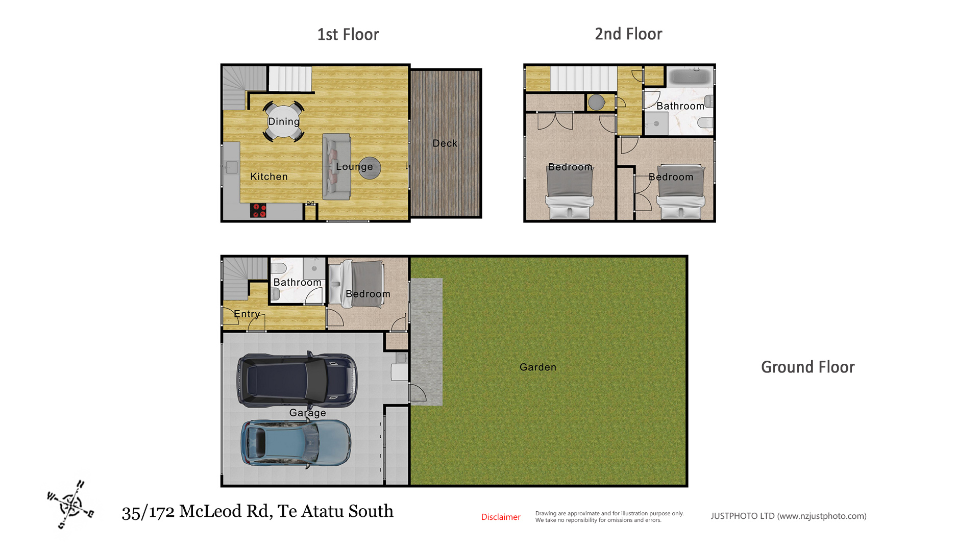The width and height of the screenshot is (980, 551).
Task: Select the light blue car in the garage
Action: coord(296,443)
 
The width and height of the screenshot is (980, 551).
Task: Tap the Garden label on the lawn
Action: coord(538,367)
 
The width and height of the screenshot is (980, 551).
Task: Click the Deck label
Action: coord(445,143)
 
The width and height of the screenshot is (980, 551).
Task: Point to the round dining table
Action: coord(284,121)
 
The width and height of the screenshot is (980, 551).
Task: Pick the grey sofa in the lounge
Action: coord(336,166)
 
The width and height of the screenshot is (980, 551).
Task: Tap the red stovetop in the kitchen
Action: coord(258,210)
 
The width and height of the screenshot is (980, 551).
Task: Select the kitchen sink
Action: coord(231,167)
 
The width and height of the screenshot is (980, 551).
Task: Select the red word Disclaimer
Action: coord(501,517)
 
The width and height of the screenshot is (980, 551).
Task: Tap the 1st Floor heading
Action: coord(348,34)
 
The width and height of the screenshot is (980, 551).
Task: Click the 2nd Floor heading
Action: coord(628,34)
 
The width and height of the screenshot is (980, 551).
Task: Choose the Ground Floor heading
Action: coord(807,367)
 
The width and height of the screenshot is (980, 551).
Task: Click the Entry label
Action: coord(247,314)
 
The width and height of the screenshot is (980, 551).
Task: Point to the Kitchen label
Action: coord(269,177)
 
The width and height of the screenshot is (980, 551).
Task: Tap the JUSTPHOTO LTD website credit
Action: coord(789,516)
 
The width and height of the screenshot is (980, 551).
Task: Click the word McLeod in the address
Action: coord(211,511)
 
